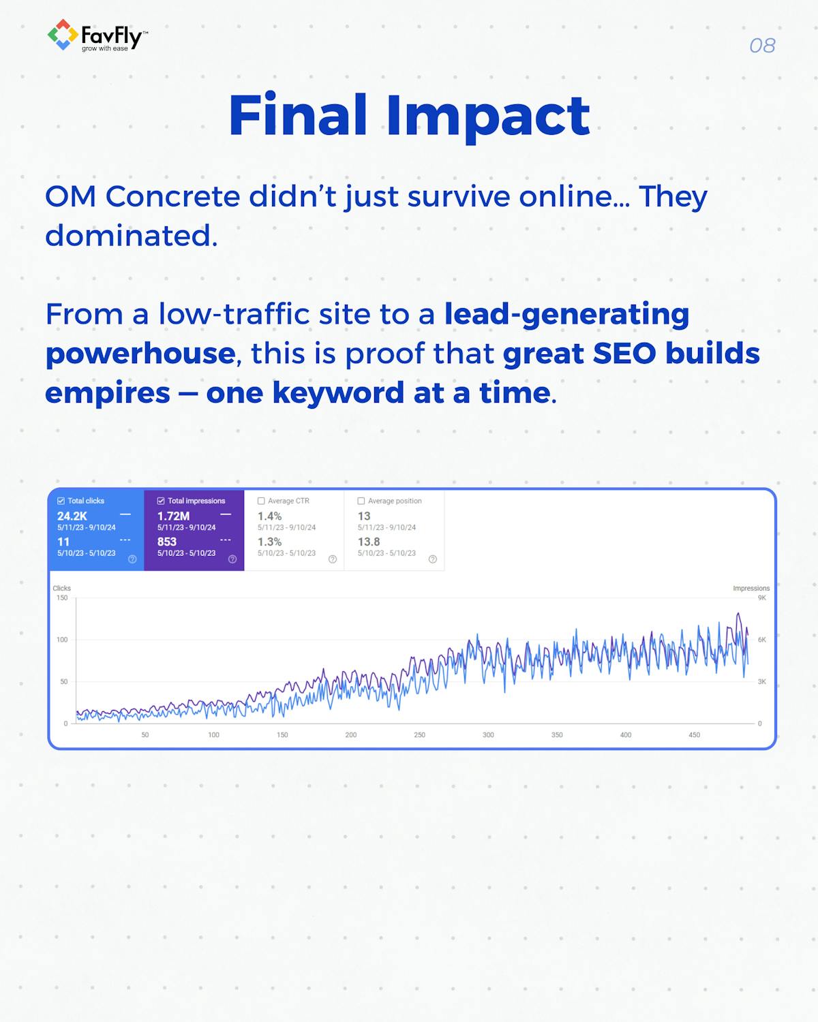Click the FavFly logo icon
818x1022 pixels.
click(x=62, y=35)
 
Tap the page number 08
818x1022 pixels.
click(x=761, y=46)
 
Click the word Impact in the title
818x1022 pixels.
click(x=487, y=116)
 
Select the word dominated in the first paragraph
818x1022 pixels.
click(x=131, y=236)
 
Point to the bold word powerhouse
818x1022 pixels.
click(x=140, y=354)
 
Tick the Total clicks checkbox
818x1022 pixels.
click(x=61, y=501)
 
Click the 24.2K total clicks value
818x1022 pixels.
click(x=72, y=516)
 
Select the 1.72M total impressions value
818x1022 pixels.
click(x=173, y=516)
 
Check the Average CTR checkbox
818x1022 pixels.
click(x=261, y=501)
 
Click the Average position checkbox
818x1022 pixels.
click(x=361, y=501)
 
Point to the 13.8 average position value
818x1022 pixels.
click(x=369, y=542)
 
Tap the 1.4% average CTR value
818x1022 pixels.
click(x=269, y=516)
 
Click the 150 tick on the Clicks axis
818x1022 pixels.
click(x=62, y=598)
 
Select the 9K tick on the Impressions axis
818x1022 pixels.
click(x=761, y=598)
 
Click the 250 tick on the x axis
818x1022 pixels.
click(x=419, y=735)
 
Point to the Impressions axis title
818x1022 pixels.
click(x=751, y=588)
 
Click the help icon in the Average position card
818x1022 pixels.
click(x=432, y=559)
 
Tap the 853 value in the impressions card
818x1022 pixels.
click(x=167, y=542)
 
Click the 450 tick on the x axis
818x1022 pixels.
click(x=694, y=735)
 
